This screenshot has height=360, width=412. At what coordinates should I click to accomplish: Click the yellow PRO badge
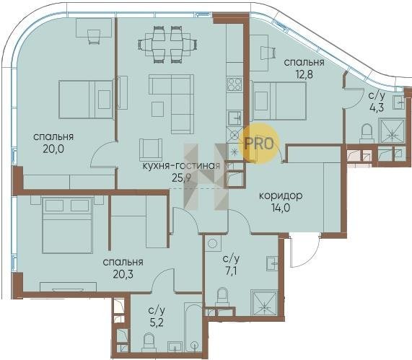(x=259, y=144)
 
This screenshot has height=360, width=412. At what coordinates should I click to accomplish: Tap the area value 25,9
(x=181, y=178)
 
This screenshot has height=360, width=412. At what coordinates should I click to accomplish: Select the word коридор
(x=281, y=196)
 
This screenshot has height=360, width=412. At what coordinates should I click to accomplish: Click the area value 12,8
(x=304, y=74)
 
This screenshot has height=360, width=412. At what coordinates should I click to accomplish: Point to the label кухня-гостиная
(x=181, y=166)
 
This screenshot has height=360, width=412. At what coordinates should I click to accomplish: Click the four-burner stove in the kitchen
(x=235, y=84)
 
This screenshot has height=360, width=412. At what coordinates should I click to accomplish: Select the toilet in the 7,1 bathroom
(x=222, y=297)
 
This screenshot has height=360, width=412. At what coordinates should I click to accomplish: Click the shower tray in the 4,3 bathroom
(x=392, y=131)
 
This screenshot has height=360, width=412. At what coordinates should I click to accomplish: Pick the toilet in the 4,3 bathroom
(x=367, y=133)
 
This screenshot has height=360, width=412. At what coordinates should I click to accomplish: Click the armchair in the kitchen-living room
(x=150, y=149)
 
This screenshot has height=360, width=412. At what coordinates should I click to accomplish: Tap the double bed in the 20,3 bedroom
(x=68, y=226)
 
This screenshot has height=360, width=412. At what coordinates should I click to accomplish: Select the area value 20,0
(x=53, y=149)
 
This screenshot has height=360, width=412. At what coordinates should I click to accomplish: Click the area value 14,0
(x=281, y=208)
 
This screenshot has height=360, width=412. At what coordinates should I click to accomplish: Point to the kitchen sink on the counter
(x=235, y=118)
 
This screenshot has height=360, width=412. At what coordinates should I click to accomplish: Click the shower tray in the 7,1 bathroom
(x=264, y=303)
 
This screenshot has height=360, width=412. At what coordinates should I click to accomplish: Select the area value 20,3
(x=123, y=274)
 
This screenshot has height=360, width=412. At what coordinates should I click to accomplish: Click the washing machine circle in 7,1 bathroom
(x=211, y=243)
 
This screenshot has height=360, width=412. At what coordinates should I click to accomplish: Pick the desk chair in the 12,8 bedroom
(x=268, y=53)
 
